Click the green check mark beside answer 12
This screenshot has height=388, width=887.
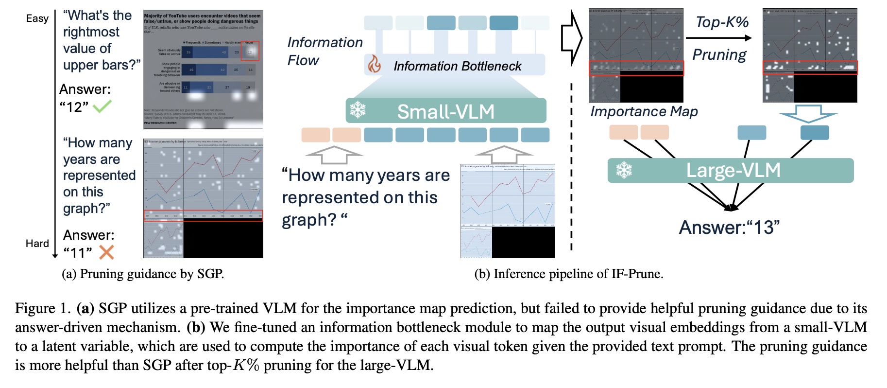[102, 106]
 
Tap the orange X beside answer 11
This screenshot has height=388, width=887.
[106, 252]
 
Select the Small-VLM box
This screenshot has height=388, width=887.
[445, 111]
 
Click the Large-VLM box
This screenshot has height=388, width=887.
[730, 170]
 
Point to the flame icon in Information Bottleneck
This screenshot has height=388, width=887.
[374, 65]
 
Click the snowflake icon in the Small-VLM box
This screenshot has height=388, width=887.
[358, 110]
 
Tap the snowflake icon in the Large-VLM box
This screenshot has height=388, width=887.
[624, 170]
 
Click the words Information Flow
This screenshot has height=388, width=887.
[324, 51]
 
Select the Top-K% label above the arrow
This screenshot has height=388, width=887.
[721, 22]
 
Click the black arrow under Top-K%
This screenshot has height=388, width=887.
[718, 38]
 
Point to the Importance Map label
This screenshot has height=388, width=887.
[644, 111]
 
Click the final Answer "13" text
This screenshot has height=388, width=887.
[729, 227]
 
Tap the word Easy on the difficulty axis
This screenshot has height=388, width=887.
[37, 18]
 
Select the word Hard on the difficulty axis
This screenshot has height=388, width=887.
[37, 243]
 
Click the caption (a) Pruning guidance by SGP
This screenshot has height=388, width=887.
[142, 274]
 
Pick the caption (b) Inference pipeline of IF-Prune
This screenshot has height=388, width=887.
[568, 274]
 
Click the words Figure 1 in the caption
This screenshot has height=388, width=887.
[43, 308]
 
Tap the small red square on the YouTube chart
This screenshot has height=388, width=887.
[250, 51]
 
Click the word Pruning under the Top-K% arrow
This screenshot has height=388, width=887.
[719, 54]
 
